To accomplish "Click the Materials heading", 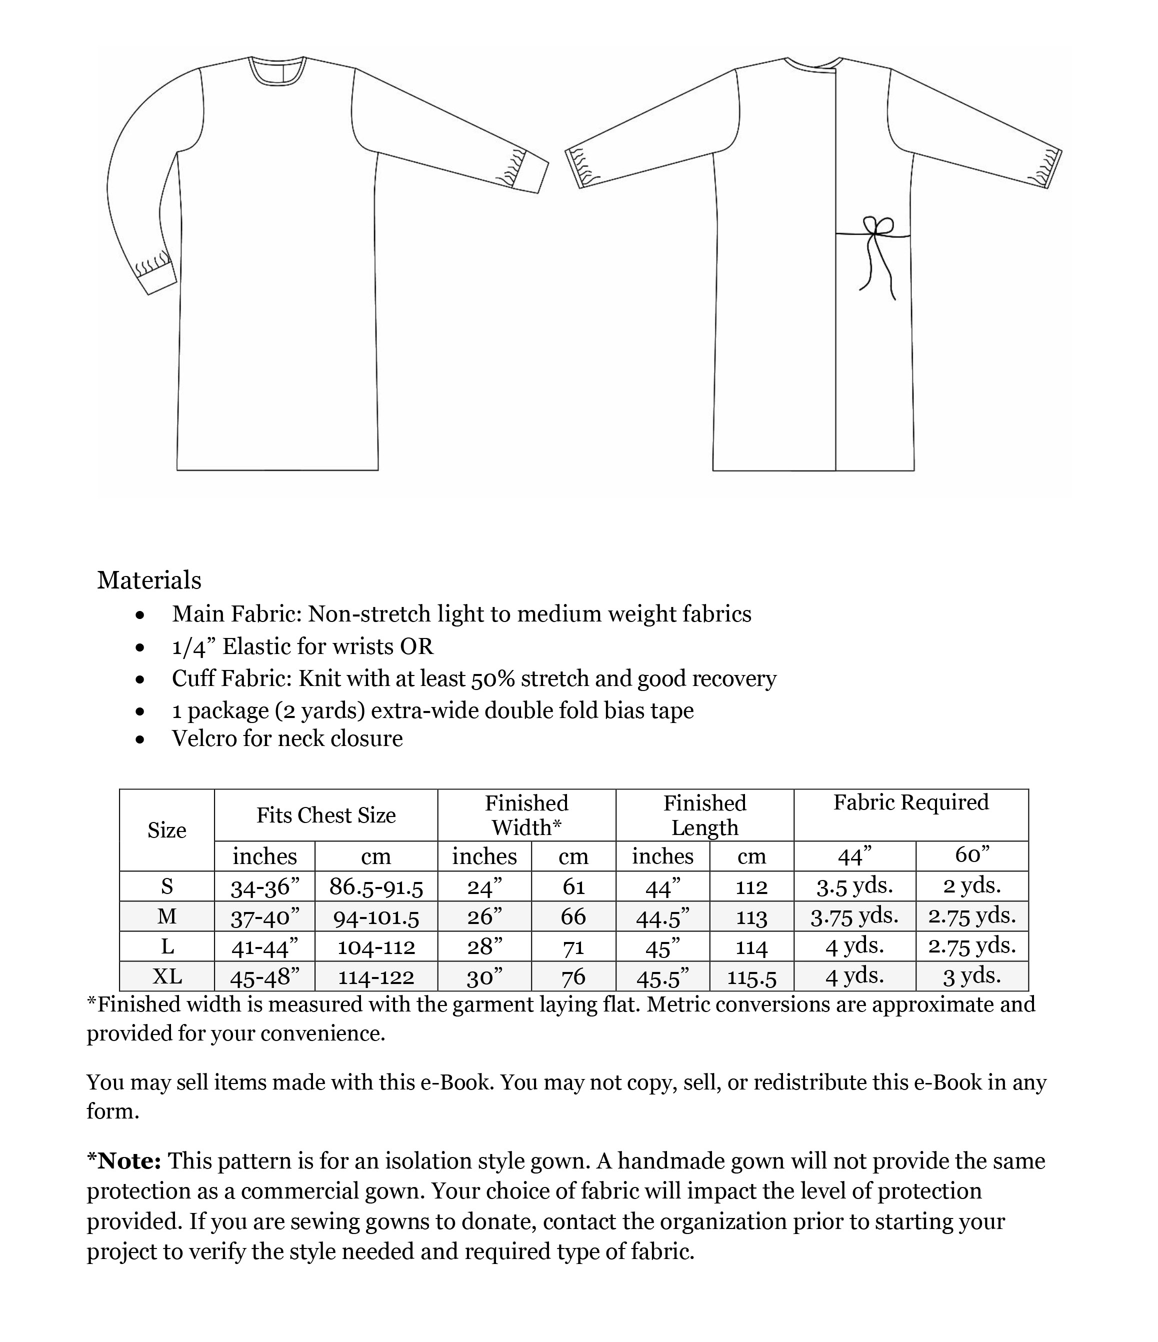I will coord(149,580).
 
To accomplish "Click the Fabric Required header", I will coord(910,802).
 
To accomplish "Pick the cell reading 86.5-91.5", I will coord(375,886).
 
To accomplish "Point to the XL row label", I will coord(166,976).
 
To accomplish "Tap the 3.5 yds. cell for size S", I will coord(854,886).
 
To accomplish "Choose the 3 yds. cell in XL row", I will coord(971,976).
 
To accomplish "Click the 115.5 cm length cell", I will coord(751,977).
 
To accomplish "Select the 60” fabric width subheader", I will coord(971,855).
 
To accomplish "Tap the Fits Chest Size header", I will coord(326,815).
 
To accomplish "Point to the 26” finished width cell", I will coord(484,916).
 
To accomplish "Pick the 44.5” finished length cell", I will coord(662,916).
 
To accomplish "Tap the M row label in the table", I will coord(166,916).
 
